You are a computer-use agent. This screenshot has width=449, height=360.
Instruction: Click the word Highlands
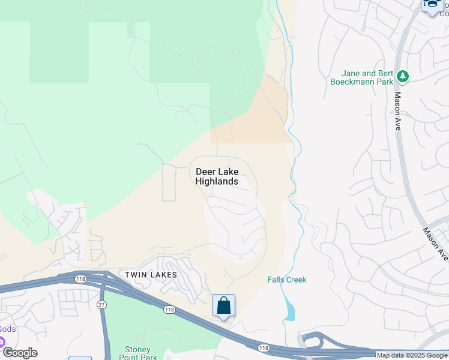pyautogui.click(x=217, y=181)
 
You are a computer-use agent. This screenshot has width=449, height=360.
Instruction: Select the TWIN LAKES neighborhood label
pyautogui.click(x=151, y=275)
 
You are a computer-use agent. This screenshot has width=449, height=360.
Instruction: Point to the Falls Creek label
pyautogui.click(x=287, y=280)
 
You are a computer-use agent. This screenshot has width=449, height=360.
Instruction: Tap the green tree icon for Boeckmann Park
pyautogui.click(x=402, y=76)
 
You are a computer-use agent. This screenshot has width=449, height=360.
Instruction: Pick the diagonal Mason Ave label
pyautogui.click(x=435, y=243)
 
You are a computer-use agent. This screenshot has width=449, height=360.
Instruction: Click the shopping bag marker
pyautogui.click(x=223, y=306)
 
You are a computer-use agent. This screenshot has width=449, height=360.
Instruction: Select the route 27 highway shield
pyautogui.click(x=101, y=305)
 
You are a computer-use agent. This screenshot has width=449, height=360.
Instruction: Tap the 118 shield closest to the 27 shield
pyautogui.click(x=80, y=278)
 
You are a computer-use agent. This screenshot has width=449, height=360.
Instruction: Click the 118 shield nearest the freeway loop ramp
pyautogui.click(x=263, y=347)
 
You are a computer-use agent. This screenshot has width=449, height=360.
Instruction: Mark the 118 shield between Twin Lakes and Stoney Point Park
pyautogui.click(x=170, y=309)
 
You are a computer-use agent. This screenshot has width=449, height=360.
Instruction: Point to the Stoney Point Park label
pyautogui.click(x=140, y=353)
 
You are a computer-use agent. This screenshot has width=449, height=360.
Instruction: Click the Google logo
pyautogui.click(x=20, y=353)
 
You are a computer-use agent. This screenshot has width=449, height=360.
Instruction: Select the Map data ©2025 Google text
pyautogui.click(x=412, y=355)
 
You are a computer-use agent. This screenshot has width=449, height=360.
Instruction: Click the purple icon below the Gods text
pyautogui.click(x=1, y=342)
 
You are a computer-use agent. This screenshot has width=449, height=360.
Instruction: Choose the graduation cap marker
pyautogui.click(x=431, y=5)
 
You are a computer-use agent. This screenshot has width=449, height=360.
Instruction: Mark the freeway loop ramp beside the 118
pyautogui.click(x=312, y=341)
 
